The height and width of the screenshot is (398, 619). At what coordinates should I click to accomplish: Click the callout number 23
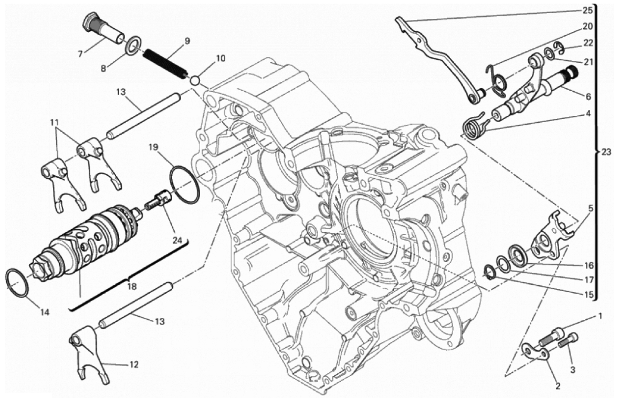(606, 153)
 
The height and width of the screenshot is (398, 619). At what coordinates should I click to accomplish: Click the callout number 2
(558, 387)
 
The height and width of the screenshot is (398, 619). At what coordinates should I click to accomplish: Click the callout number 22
(587, 42)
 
